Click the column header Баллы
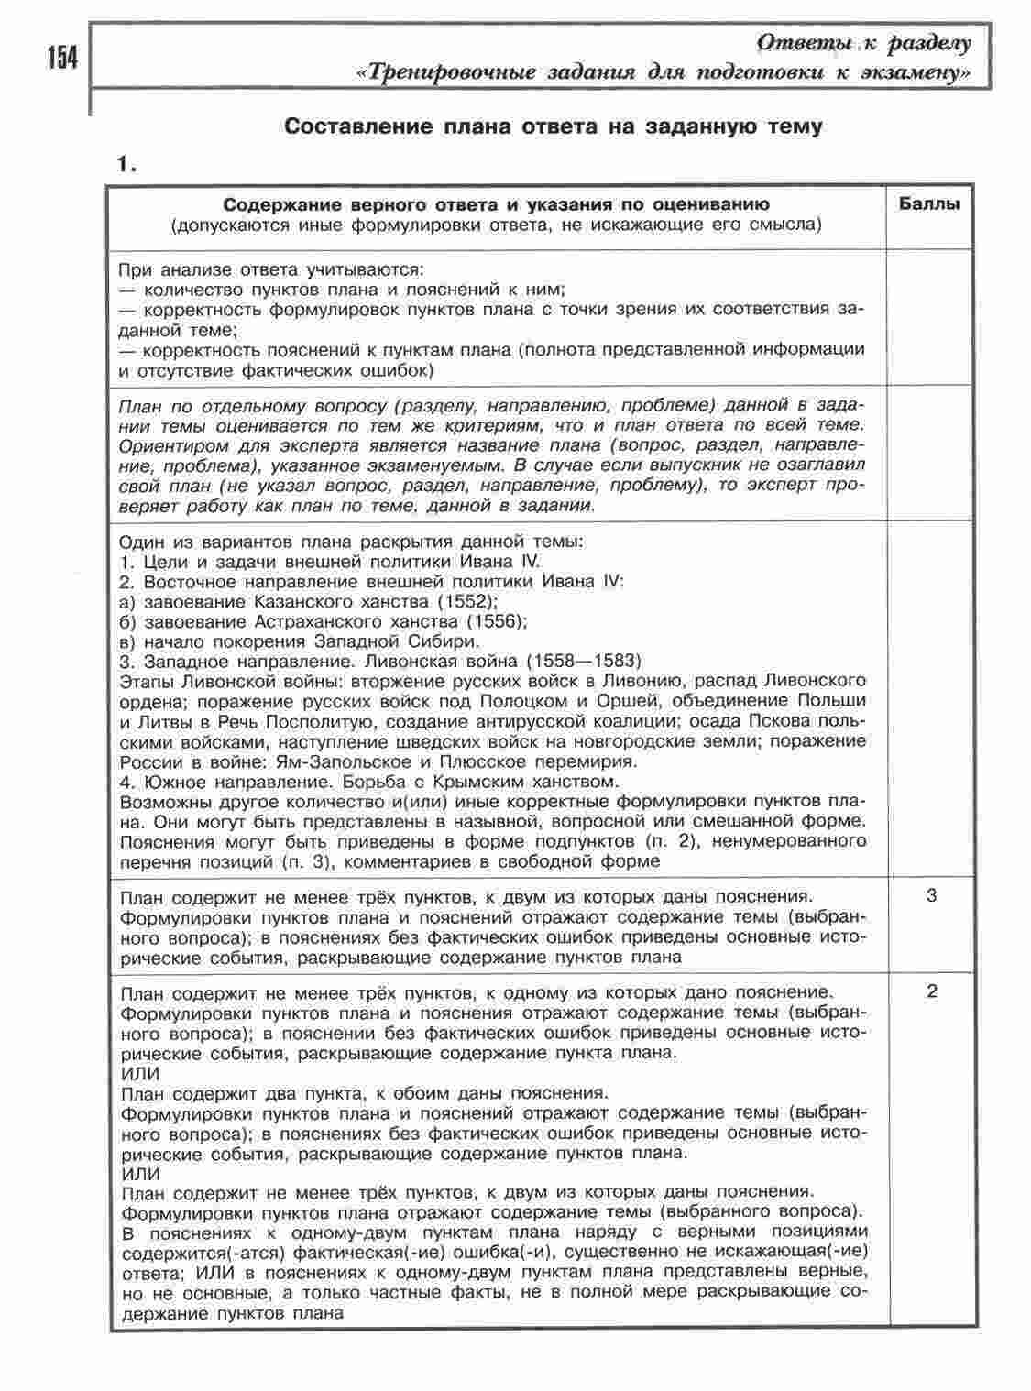click(928, 204)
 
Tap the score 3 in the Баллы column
click(931, 896)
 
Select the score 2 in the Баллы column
click(931, 992)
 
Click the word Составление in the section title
click(352, 126)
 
